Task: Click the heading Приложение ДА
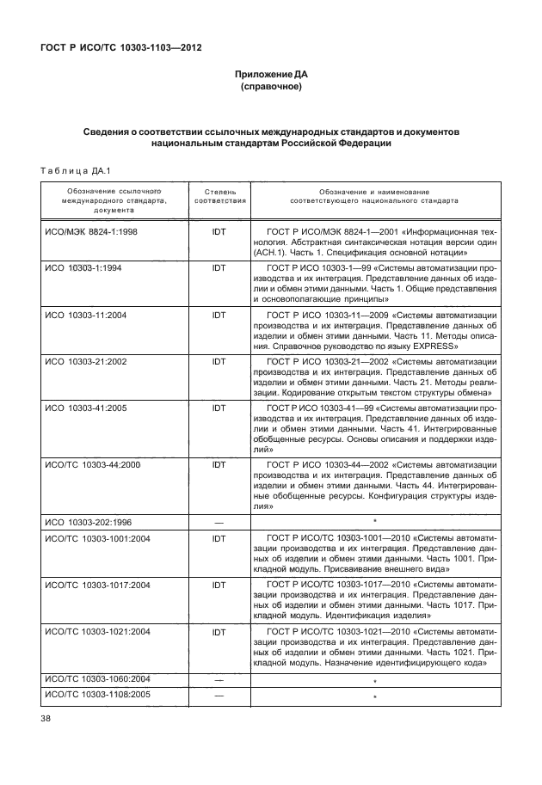point(271,75)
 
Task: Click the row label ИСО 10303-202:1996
point(88,522)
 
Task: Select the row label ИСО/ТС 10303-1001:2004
point(97,538)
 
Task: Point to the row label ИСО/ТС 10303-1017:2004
point(97,586)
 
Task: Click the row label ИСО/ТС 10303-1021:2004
point(97,632)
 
